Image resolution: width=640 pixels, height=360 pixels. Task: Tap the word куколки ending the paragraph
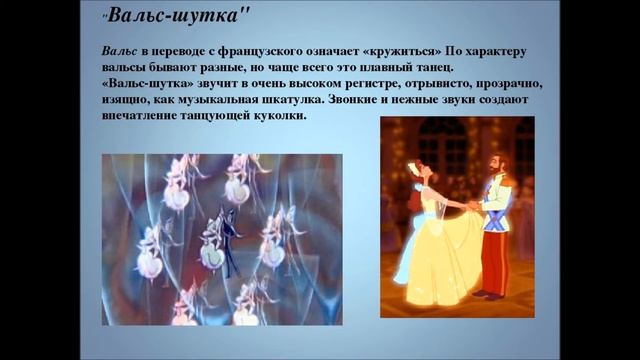coord(279,116)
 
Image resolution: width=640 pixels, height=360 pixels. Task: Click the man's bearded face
coord(492,166)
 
